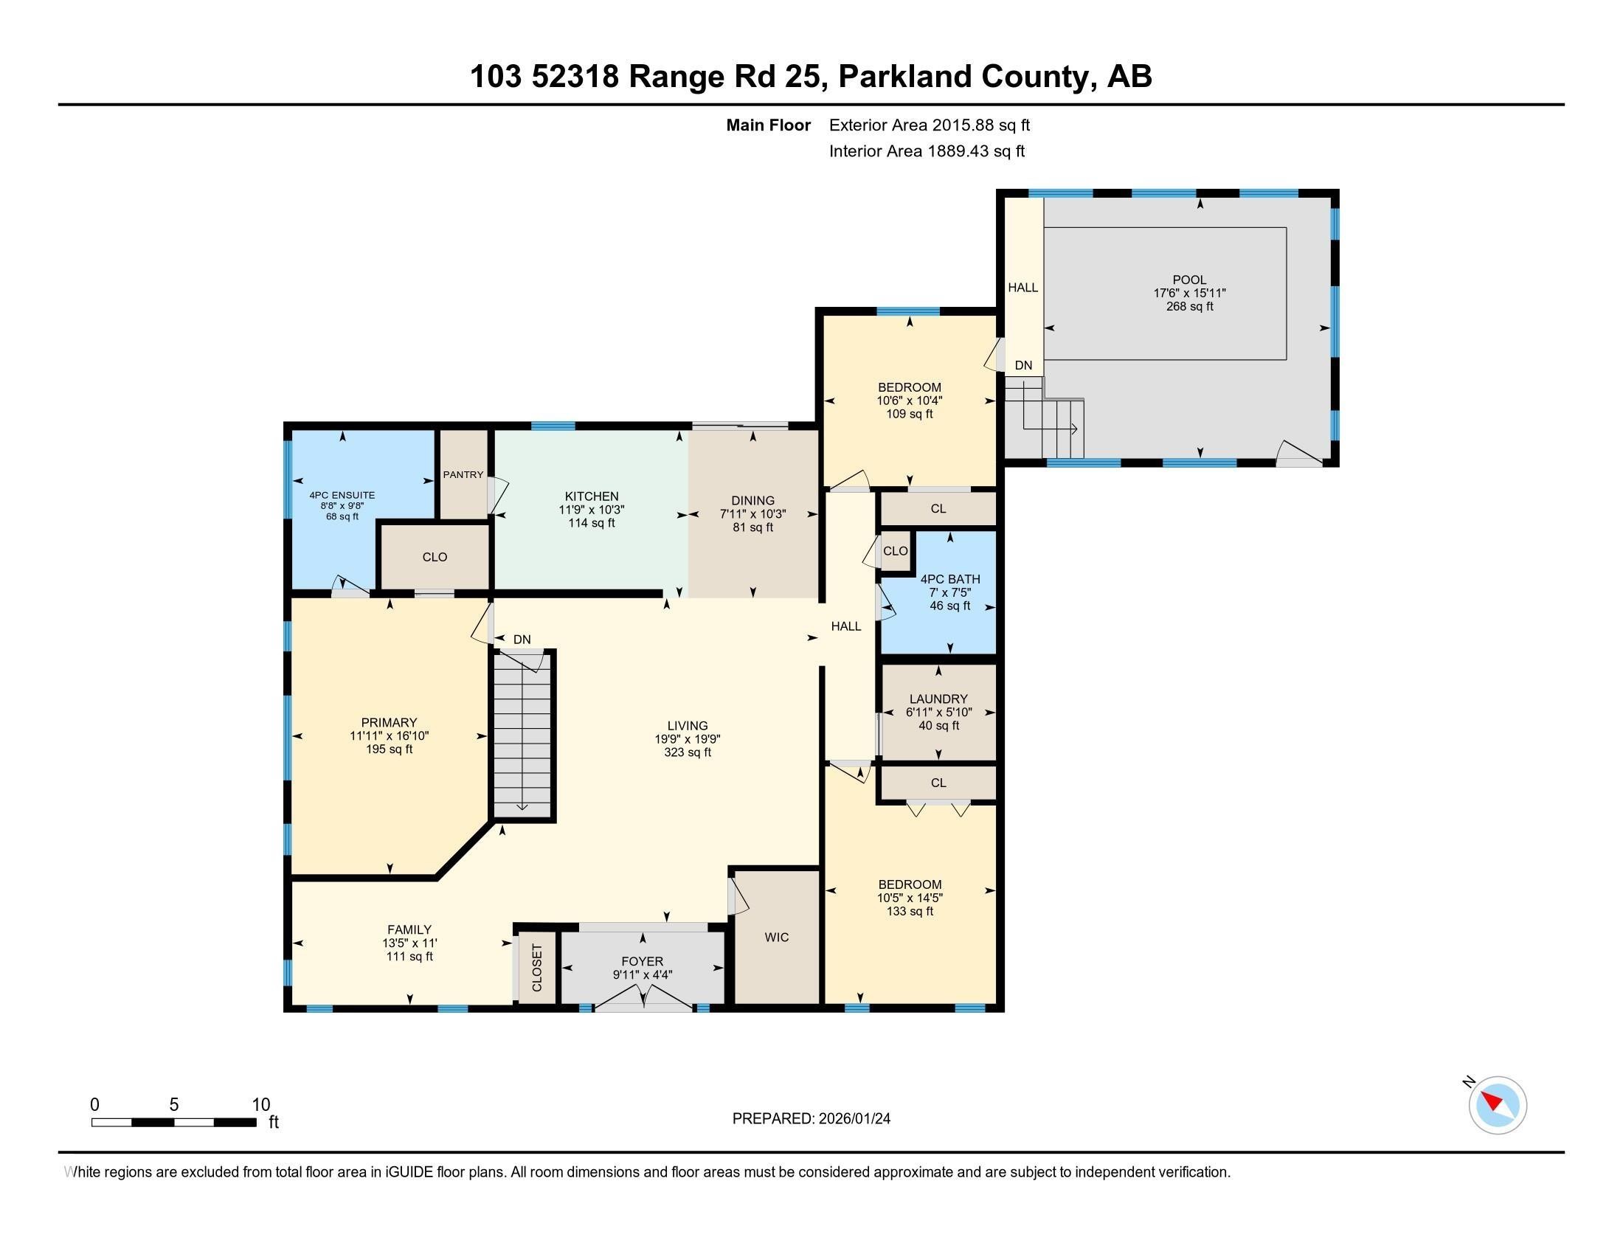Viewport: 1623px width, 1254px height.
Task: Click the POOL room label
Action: [x=1189, y=280]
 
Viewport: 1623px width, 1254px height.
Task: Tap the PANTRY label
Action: [x=463, y=475]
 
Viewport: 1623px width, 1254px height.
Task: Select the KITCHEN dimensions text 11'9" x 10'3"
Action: [x=592, y=510]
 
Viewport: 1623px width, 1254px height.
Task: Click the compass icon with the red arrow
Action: [x=1498, y=1105]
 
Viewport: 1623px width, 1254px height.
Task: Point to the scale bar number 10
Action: [x=260, y=1104]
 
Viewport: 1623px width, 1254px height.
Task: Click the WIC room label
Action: [x=777, y=938]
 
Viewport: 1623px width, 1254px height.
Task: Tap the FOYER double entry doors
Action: [x=643, y=1000]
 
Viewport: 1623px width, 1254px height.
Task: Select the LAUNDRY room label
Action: [x=938, y=699]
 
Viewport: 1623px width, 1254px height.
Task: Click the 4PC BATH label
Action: [x=949, y=579]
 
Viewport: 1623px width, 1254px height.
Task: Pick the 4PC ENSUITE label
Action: [x=342, y=495]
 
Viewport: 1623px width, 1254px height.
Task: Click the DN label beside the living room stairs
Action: [x=522, y=639]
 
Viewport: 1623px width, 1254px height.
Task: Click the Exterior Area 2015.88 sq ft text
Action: [x=929, y=125]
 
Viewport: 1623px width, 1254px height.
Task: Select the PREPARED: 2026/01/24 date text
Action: [x=811, y=1118]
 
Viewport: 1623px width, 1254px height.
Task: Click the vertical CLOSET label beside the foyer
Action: [x=537, y=967]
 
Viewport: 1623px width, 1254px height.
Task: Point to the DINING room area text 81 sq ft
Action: [x=752, y=527]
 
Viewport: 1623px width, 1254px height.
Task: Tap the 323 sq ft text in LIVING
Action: [x=688, y=752]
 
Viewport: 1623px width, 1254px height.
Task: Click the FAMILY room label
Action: [x=409, y=929]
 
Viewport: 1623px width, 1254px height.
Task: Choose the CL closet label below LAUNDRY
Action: [x=938, y=782]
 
